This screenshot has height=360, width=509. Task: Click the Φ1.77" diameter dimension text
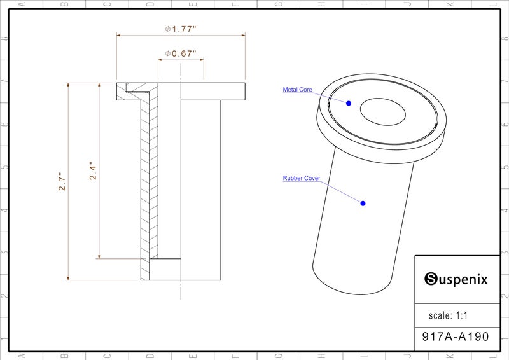pyautogui.click(x=181, y=29)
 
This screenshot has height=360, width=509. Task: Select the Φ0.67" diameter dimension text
pyautogui.click(x=181, y=53)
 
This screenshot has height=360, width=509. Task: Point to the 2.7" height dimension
pyautogui.click(x=62, y=181)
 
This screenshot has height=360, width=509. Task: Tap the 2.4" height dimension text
pyautogui.click(x=93, y=170)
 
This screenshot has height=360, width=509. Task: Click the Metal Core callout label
pyautogui.click(x=297, y=90)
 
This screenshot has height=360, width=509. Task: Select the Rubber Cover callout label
pyautogui.click(x=302, y=178)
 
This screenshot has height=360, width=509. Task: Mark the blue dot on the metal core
pyautogui.click(x=349, y=103)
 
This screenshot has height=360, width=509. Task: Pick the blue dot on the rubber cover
pyautogui.click(x=363, y=203)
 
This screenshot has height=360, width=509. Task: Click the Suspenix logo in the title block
pyautogui.click(x=456, y=279)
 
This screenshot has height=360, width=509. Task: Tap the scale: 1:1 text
pyautogui.click(x=448, y=315)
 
